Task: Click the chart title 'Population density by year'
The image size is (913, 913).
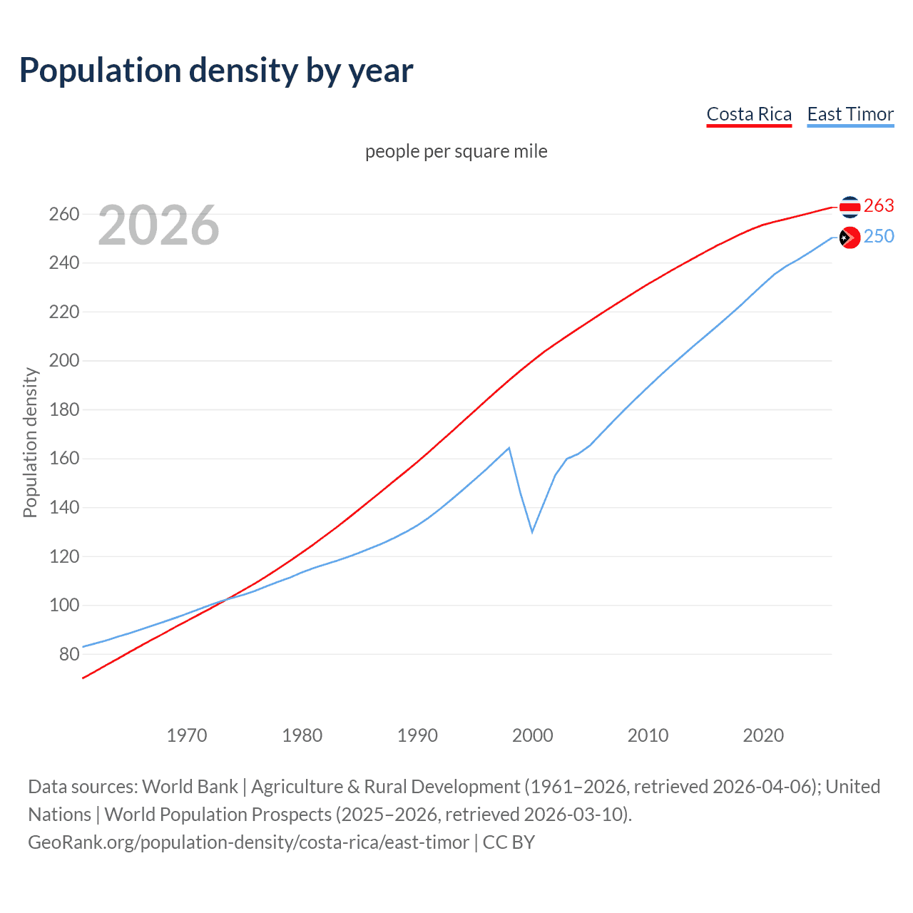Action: (x=216, y=71)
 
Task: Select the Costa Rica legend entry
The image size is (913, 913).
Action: (x=749, y=114)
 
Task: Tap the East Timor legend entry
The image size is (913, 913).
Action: (x=850, y=114)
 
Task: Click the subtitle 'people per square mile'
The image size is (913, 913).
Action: (x=456, y=151)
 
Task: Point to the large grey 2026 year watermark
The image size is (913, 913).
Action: (x=158, y=225)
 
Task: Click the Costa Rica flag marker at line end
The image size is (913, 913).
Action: (x=850, y=207)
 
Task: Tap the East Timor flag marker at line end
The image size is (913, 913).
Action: (x=850, y=238)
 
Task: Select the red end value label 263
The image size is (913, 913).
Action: (x=879, y=205)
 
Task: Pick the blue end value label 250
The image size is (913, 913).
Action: (x=879, y=236)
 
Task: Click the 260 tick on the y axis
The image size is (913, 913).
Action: (x=64, y=214)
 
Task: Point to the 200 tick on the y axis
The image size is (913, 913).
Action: (x=64, y=361)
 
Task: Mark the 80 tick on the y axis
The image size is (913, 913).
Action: (x=69, y=654)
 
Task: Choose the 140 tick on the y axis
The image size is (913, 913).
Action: (x=64, y=507)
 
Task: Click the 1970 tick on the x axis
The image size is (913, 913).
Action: (x=187, y=735)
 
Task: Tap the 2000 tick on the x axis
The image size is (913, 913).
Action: (x=533, y=735)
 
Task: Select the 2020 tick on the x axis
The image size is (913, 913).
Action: (x=763, y=735)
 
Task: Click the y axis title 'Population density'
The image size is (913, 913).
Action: (x=30, y=442)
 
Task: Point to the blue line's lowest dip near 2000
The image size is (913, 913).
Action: (x=532, y=531)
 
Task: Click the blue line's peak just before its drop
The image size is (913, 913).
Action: (x=509, y=448)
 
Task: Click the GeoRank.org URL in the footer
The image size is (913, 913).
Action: (x=249, y=842)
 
